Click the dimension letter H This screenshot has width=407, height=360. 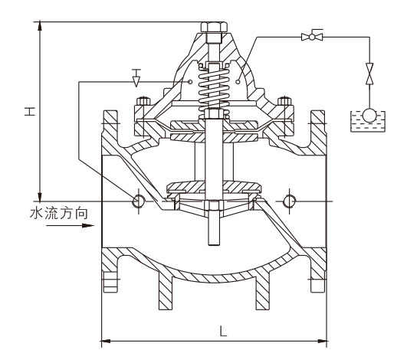click(30, 111)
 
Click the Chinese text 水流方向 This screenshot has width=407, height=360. click(59, 214)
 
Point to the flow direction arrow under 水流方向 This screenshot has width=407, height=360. click(70, 226)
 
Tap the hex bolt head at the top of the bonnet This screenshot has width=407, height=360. click(214, 28)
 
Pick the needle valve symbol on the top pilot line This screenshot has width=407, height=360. click(312, 36)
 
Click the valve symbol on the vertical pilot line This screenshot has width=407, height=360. click(369, 74)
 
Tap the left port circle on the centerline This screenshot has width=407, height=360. click(138, 201)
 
